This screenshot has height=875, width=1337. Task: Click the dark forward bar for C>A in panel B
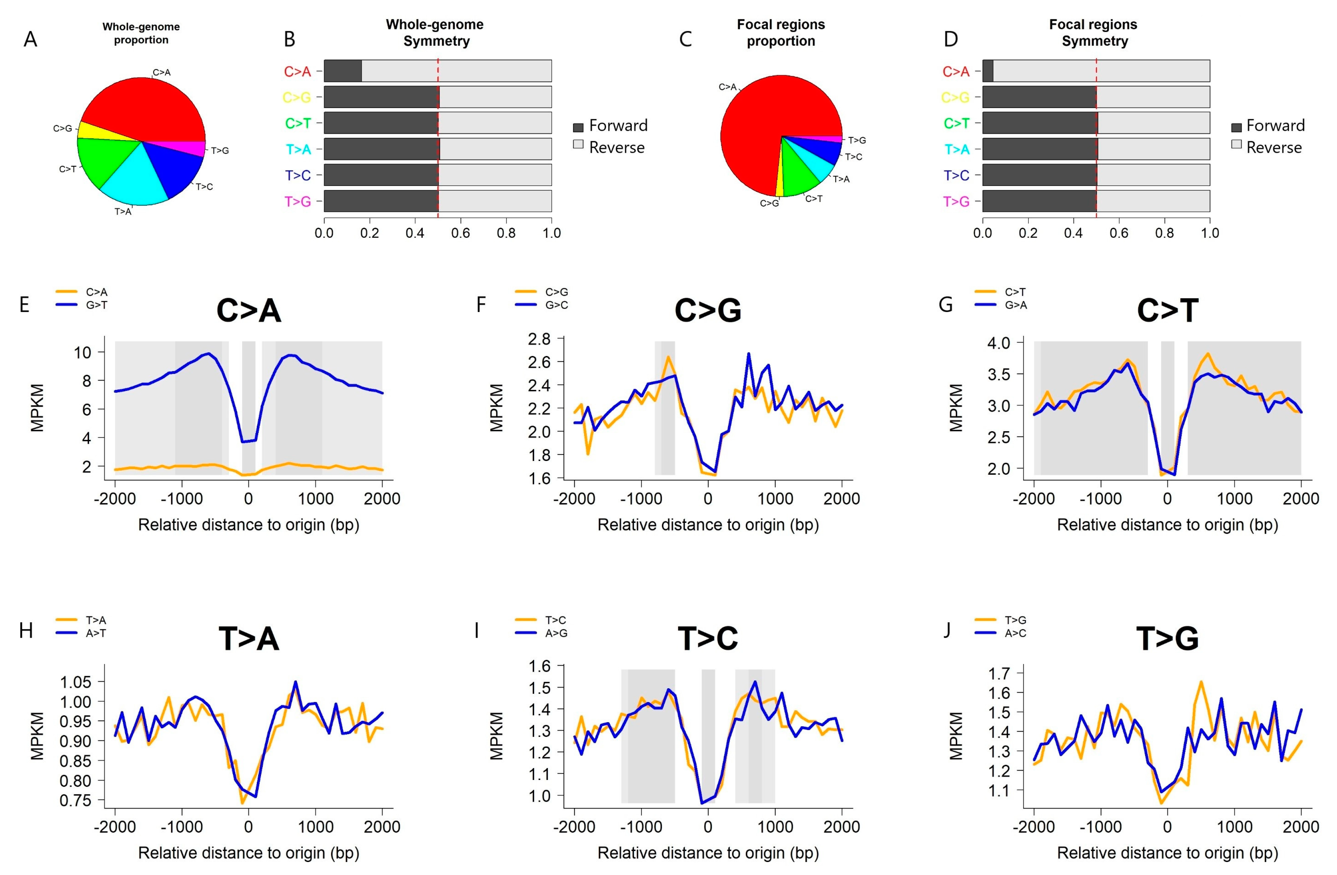(x=343, y=71)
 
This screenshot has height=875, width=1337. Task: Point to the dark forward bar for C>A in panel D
(x=988, y=71)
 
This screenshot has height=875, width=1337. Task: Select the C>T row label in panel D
(x=956, y=123)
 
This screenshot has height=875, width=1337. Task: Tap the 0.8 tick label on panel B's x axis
(x=505, y=233)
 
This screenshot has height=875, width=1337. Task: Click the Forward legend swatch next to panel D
(x=1236, y=127)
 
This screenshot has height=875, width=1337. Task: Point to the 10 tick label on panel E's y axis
(x=82, y=352)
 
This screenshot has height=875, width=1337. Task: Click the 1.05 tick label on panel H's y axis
(x=75, y=682)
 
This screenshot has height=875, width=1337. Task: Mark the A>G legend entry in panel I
(x=556, y=633)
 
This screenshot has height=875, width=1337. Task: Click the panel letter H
(x=26, y=631)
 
